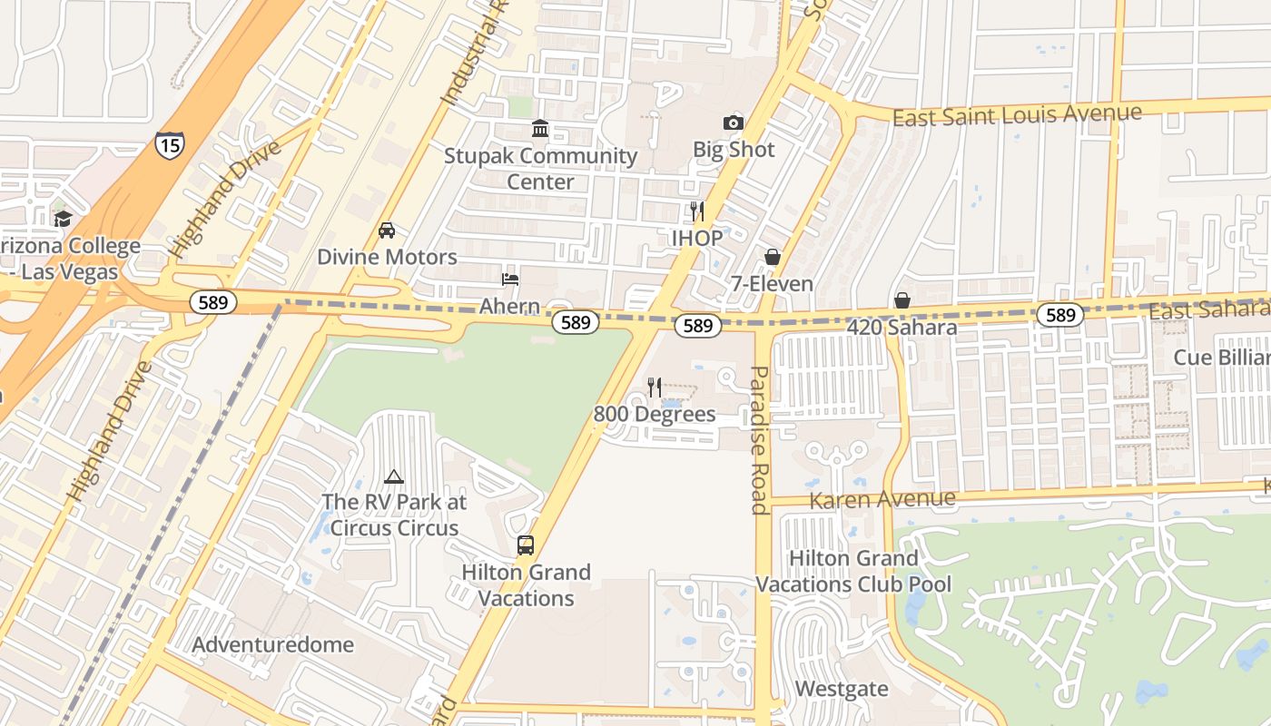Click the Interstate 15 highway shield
(x=169, y=144)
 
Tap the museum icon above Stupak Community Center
(x=540, y=128)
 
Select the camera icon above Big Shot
(x=733, y=123)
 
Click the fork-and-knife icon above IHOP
(x=696, y=211)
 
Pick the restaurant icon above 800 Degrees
(x=654, y=388)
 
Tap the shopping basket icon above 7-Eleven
(x=772, y=257)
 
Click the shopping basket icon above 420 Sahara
(x=902, y=299)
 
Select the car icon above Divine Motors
(x=387, y=230)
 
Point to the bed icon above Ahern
(x=510, y=279)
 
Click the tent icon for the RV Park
(x=394, y=476)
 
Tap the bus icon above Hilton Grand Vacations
(x=526, y=545)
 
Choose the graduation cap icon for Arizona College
(x=63, y=219)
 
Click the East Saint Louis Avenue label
(x=1017, y=115)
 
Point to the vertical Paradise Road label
(x=760, y=440)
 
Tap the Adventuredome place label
(x=273, y=645)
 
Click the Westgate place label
(x=842, y=689)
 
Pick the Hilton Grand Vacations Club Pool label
(x=853, y=571)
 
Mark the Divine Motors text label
(x=387, y=257)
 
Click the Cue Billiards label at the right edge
(x=1221, y=357)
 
